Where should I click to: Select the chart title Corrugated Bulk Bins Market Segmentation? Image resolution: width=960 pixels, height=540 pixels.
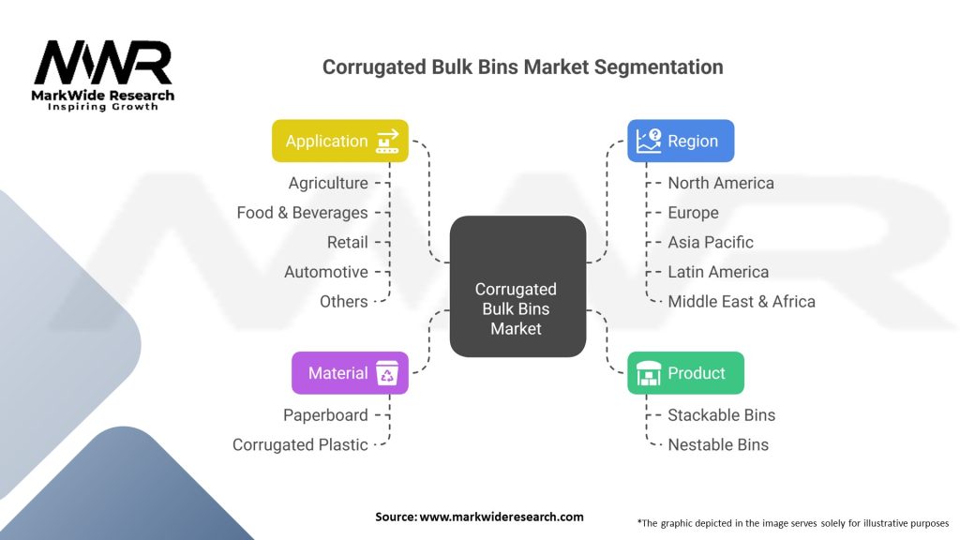[522, 67]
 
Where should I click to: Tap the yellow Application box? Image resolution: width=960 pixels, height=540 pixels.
[339, 141]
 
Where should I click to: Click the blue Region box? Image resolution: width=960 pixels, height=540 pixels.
[680, 141]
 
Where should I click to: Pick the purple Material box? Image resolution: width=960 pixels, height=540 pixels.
[349, 372]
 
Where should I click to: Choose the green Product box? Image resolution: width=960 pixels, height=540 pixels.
[684, 372]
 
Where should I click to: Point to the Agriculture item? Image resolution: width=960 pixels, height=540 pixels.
[328, 183]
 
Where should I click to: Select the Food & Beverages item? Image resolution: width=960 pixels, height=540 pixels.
[302, 213]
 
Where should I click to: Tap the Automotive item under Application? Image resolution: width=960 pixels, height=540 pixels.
[326, 272]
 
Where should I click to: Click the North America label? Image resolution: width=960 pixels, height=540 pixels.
[721, 183]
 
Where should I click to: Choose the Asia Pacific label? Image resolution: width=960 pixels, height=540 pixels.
[711, 242]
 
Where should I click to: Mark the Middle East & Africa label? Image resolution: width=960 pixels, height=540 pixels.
[742, 301]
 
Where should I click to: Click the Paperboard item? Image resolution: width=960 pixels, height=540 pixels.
[325, 414]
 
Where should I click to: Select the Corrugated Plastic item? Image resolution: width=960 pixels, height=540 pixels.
[300, 444]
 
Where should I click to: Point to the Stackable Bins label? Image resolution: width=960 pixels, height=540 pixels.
[721, 414]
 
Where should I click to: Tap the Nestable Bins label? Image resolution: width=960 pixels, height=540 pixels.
[718, 444]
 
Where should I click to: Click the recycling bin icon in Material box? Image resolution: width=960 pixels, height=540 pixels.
[386, 373]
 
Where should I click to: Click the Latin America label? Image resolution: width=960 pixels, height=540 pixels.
[718, 272]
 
